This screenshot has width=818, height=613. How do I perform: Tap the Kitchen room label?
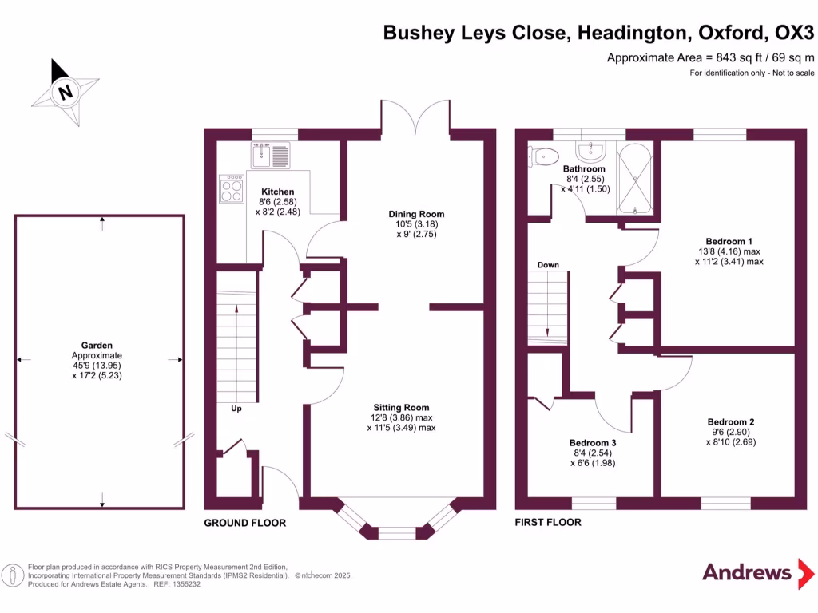(278, 192)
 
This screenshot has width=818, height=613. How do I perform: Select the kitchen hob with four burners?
(232, 189)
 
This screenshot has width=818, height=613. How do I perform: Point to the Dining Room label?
(416, 214)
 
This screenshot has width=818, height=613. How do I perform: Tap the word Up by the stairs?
(236, 409)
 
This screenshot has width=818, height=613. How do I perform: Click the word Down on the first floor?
(548, 265)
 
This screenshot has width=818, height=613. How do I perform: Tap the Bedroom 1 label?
(729, 241)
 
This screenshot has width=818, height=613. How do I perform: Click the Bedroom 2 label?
(730, 422)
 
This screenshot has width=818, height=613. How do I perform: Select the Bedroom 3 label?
(593, 443)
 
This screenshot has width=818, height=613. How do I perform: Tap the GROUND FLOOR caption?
(244, 523)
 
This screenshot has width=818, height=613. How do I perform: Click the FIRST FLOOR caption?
(549, 523)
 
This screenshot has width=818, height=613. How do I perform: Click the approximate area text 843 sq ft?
(710, 57)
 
